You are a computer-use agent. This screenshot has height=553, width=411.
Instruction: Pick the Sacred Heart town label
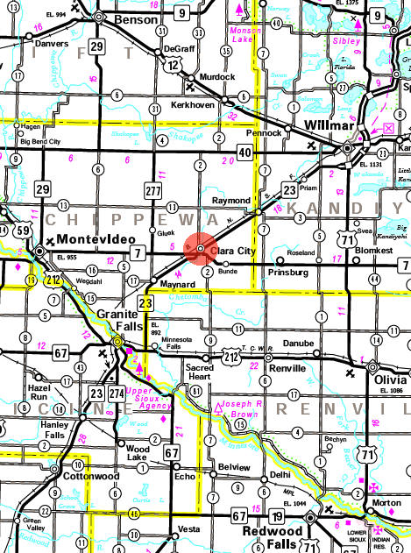click(199, 374)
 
